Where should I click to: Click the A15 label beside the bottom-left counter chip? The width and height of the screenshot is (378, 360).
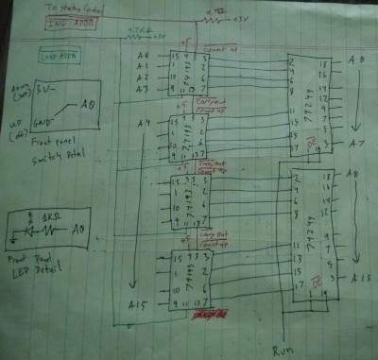139,303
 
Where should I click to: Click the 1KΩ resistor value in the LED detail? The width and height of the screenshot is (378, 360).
51,216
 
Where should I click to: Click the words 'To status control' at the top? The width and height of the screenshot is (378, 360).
71,8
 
